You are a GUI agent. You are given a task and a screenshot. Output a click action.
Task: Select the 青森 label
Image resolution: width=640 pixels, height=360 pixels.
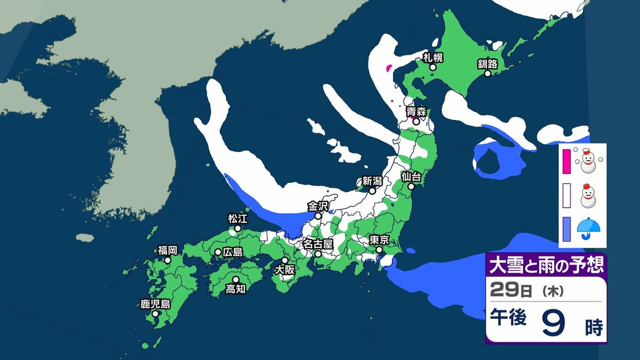click(x=416, y=111)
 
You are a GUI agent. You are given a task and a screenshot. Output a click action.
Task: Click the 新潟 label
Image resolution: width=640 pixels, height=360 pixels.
click(x=372, y=180)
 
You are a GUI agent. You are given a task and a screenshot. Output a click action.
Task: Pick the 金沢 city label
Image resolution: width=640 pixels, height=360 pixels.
click(x=318, y=205)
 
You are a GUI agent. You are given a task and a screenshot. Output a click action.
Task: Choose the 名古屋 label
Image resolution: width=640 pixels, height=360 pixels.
click(x=318, y=244)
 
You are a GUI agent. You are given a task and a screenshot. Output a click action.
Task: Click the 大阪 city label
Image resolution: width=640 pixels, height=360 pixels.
click(x=285, y=270)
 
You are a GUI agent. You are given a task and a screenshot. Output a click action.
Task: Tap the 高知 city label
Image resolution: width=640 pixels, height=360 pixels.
click(x=235, y=289)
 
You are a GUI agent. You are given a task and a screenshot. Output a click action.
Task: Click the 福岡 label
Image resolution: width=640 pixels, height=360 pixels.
click(x=167, y=250)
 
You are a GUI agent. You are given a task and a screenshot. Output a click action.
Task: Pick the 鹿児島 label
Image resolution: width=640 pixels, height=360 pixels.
click(x=155, y=305)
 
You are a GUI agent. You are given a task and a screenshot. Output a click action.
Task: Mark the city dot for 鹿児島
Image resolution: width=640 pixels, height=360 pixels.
click(x=155, y=314)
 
